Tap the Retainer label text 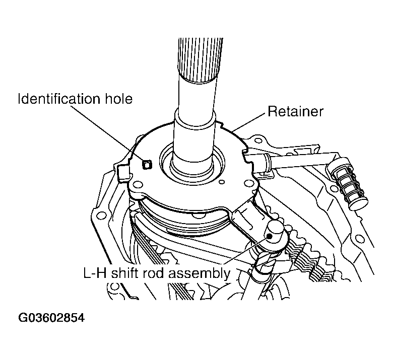(x=295, y=111)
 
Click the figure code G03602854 (x=51, y=318)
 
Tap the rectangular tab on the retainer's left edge (x=123, y=174)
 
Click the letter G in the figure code (x=23, y=318)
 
